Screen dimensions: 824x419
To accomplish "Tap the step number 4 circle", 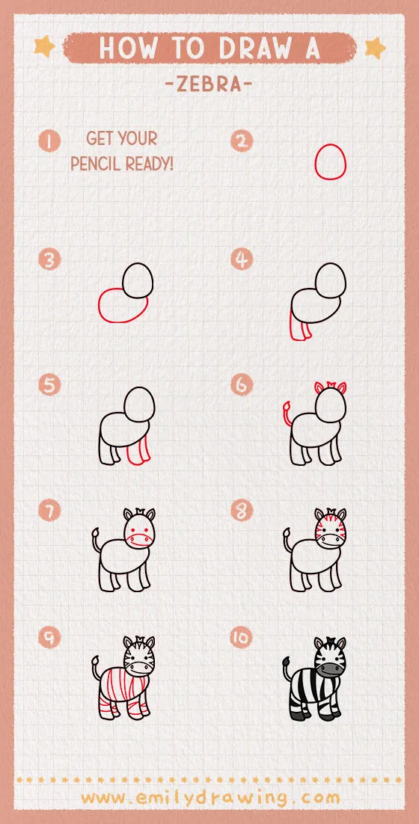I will pos(241,259).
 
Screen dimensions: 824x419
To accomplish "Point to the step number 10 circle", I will pos(241,638).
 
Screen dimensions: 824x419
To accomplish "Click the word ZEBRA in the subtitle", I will pos(209,84).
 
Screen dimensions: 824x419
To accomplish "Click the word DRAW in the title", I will pos(249,48).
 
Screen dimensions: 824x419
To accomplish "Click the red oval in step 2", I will pos(329,162).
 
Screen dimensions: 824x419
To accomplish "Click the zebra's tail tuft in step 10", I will pos(287,659).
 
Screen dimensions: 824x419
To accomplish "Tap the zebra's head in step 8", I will pos(330,529).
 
